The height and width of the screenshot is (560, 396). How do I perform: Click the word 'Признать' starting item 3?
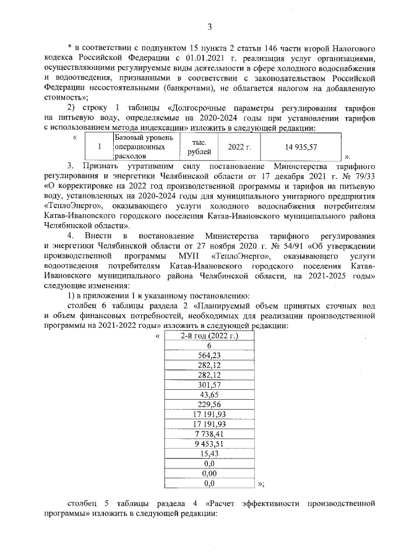click(105, 166)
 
